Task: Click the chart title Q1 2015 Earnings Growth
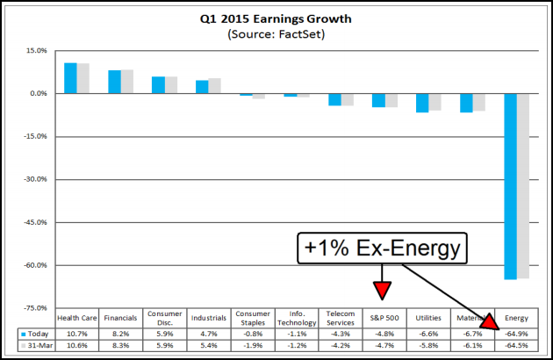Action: pyautogui.click(x=276, y=18)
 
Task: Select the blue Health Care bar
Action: pyautogui.click(x=70, y=78)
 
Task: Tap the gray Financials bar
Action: pyautogui.click(x=127, y=82)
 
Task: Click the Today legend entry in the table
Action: pyautogui.click(x=35, y=334)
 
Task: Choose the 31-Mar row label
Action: pyautogui.click(x=35, y=346)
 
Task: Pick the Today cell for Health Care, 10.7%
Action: pyautogui.click(x=76, y=334)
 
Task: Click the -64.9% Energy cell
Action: pyautogui.click(x=518, y=334)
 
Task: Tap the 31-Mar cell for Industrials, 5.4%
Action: pyautogui.click(x=208, y=346)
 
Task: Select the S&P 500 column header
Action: pyautogui.click(x=384, y=317)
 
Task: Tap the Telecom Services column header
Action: pyautogui.click(x=341, y=317)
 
